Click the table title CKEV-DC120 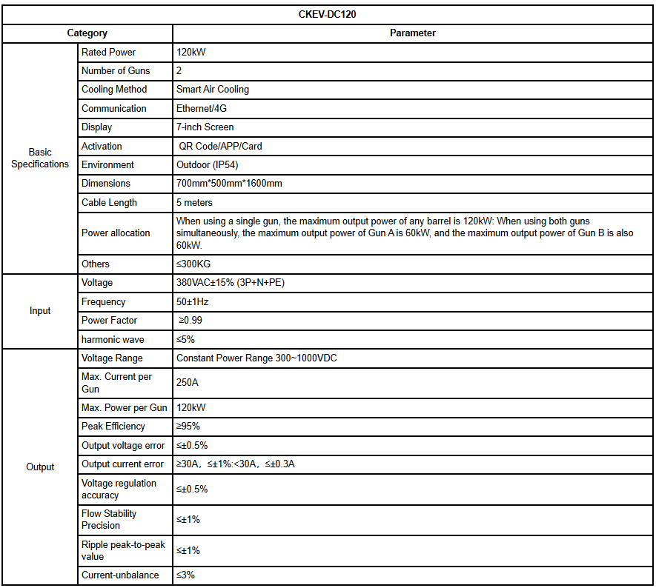[x=328, y=14]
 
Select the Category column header [x=87, y=33]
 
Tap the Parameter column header [x=413, y=33]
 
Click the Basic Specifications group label [x=40, y=158]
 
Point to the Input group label [x=40, y=311]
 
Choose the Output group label [x=40, y=467]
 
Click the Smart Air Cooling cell [x=213, y=90]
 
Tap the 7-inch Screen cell [x=205, y=127]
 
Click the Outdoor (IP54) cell [x=207, y=165]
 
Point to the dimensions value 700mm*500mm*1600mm [x=229, y=184]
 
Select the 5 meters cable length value [x=194, y=203]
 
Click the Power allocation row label [x=116, y=233]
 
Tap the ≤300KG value [x=192, y=264]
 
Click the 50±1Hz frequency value [x=193, y=302]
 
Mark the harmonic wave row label [x=113, y=340]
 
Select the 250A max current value [x=188, y=383]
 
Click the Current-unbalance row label [x=120, y=575]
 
